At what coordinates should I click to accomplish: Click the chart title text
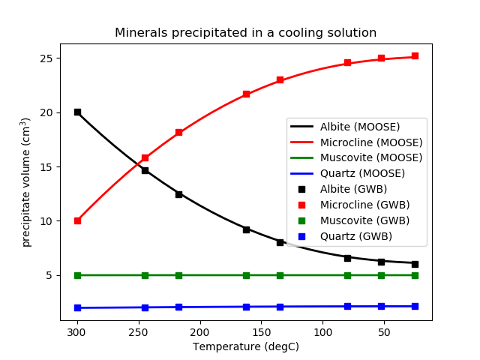click(245, 33)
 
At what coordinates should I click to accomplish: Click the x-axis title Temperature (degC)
click(245, 346)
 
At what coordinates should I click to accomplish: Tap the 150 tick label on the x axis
click(261, 331)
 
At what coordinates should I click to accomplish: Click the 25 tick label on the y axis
click(46, 58)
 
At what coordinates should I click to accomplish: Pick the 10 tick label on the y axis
click(46, 221)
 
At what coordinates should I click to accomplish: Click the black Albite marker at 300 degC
click(77, 112)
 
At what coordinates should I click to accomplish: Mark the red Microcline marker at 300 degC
click(77, 220)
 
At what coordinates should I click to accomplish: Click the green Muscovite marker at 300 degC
click(77, 275)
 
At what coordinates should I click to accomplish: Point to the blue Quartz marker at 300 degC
click(77, 307)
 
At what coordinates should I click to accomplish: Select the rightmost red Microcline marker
click(415, 56)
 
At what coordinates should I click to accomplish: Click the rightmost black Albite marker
click(415, 263)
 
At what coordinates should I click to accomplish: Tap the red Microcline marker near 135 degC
click(280, 79)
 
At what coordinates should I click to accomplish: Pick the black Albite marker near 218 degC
click(178, 193)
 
